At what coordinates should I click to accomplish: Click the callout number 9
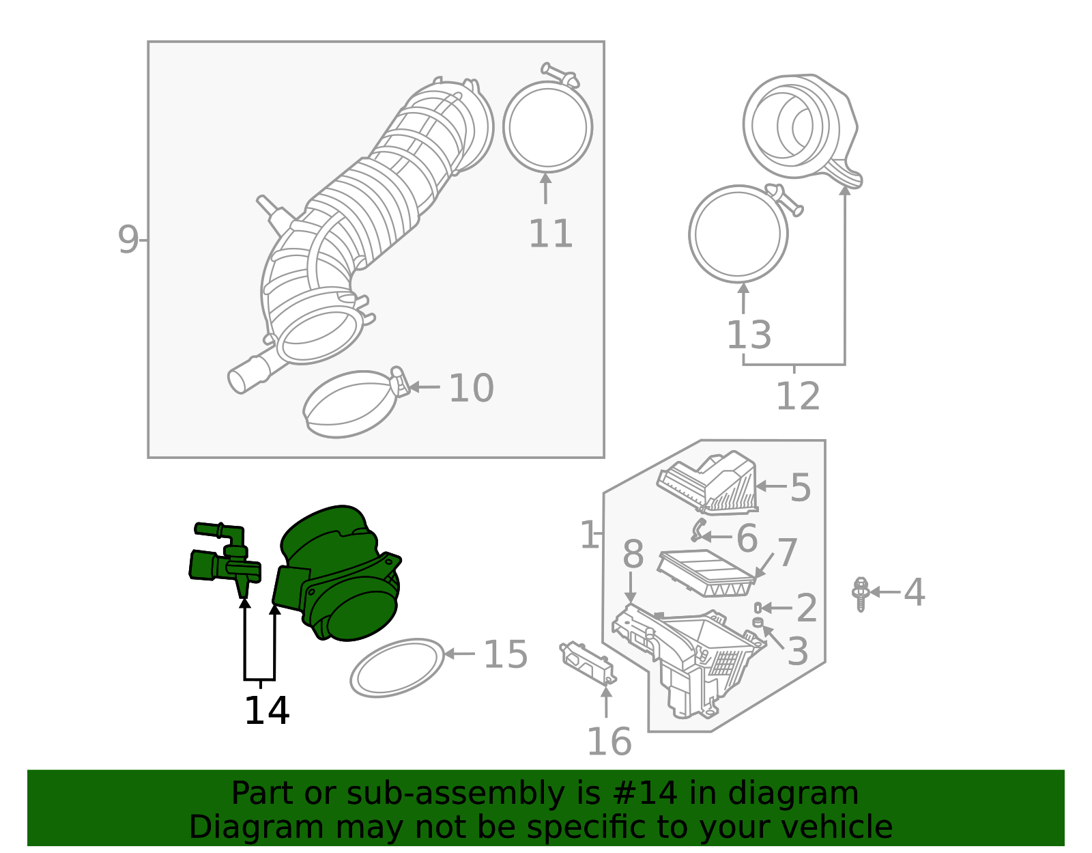click(x=128, y=240)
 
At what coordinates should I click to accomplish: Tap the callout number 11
click(x=550, y=234)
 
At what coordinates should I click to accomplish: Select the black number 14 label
click(x=266, y=710)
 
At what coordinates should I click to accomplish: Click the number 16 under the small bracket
click(x=609, y=742)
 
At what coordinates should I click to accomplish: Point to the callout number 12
click(x=797, y=396)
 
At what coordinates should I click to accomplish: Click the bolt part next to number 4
click(x=860, y=593)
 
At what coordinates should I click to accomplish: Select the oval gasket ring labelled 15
click(x=397, y=667)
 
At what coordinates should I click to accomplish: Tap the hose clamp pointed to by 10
click(x=351, y=404)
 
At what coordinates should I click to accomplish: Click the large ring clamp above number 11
click(x=547, y=126)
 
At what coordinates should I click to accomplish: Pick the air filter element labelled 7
click(x=706, y=572)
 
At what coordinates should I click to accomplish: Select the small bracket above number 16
click(x=588, y=661)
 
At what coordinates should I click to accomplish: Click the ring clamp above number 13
click(x=738, y=234)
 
